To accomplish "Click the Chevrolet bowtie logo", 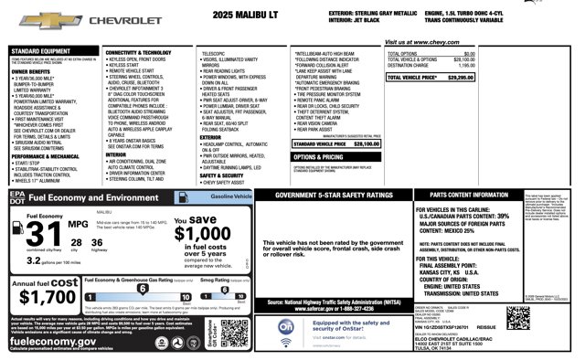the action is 38,18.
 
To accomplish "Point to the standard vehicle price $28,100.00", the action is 366,143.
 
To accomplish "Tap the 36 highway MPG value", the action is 98,242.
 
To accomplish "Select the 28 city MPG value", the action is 75,242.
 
